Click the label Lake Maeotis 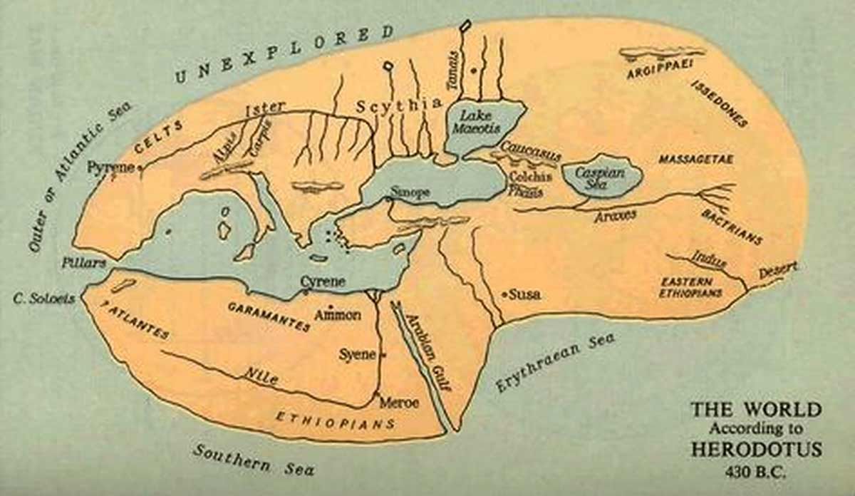477,120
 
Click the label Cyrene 322,281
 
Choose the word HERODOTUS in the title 755,450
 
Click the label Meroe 399,402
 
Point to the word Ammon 338,314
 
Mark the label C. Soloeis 43,299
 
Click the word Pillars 83,262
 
